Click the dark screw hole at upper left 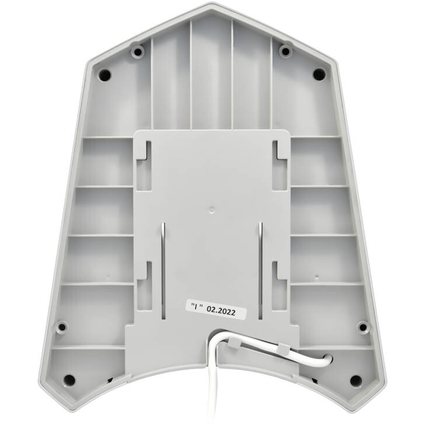coord(104,74)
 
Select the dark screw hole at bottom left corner coord(69,379)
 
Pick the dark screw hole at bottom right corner coord(356,380)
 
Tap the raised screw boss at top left coord(138,51)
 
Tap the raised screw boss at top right coord(285,51)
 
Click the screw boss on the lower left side coord(62,327)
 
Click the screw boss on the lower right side coord(363,327)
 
